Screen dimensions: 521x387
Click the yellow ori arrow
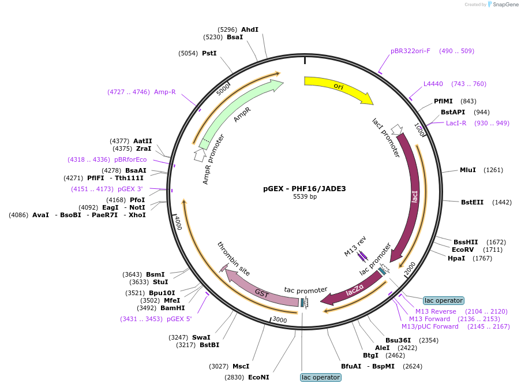(339, 87)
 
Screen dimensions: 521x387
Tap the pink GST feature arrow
(259, 290)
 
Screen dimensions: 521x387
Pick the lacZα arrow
(354, 290)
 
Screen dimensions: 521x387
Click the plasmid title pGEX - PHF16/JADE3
(305, 189)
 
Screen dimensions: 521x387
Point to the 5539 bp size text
(305, 196)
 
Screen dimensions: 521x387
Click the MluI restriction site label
(467, 170)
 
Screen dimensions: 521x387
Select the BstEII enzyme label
(472, 202)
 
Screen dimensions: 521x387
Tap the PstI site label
(209, 53)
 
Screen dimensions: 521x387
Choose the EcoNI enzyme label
(258, 377)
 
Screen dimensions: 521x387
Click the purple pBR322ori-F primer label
(410, 51)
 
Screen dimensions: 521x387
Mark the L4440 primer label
(433, 84)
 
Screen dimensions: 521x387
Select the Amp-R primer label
(165, 92)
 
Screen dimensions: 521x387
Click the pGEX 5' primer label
(179, 319)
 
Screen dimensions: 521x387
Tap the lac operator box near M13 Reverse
(444, 300)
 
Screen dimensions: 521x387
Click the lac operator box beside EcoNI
(321, 377)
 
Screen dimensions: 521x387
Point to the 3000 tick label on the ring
(280, 320)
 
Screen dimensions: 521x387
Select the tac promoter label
(306, 290)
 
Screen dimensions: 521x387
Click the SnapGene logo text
(505, 4)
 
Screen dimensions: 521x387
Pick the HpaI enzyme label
(456, 258)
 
